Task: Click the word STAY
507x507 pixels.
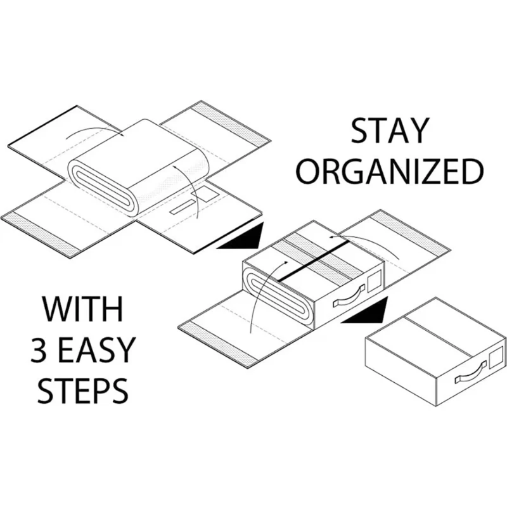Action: point(388,133)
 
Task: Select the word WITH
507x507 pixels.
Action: point(82,313)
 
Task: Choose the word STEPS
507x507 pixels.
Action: point(82,392)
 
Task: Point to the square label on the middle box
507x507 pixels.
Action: point(374,279)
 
